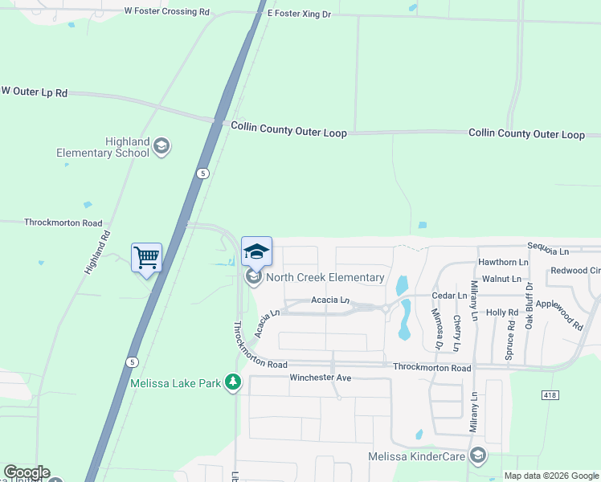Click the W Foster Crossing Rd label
pos(167,12)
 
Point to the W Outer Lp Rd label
pos(35,92)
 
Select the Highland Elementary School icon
pos(161,145)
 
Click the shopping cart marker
pos(146,259)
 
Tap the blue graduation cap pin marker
pos(257,252)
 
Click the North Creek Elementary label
pos(325,278)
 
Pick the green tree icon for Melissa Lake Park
pos(233,382)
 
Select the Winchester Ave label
pos(321,378)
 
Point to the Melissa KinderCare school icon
pos(478,457)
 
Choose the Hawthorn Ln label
pos(503,262)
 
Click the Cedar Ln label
pos(451,296)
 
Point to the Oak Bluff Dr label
pos(529,305)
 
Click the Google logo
pos(27,472)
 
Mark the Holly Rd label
pos(502,312)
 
